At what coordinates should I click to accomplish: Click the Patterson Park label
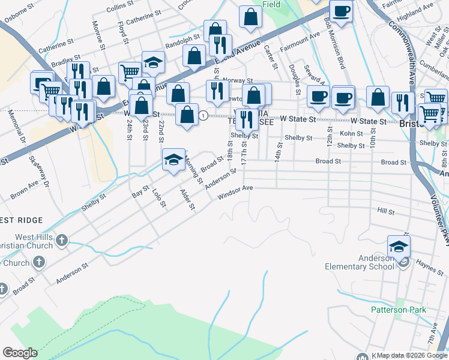(x=398, y=310)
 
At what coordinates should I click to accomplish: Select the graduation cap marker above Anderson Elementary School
(x=399, y=246)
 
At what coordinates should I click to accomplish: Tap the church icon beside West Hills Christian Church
(x=62, y=241)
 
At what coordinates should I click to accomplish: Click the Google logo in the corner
(x=20, y=353)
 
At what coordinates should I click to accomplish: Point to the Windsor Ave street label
(x=235, y=193)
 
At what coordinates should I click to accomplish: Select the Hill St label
(x=385, y=212)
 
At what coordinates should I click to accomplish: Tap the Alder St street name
(x=188, y=199)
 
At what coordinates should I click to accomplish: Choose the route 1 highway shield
(x=204, y=115)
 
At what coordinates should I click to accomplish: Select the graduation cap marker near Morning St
(x=173, y=160)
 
